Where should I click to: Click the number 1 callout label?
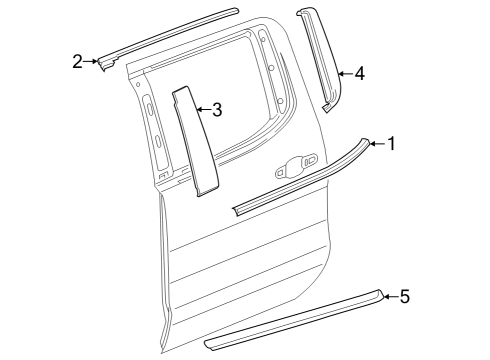(x=391, y=144)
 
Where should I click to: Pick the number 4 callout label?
(x=359, y=72)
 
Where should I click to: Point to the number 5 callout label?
(x=404, y=295)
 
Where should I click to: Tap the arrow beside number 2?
(x=93, y=62)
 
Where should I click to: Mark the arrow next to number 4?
(x=344, y=72)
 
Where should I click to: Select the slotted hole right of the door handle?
(x=309, y=158)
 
